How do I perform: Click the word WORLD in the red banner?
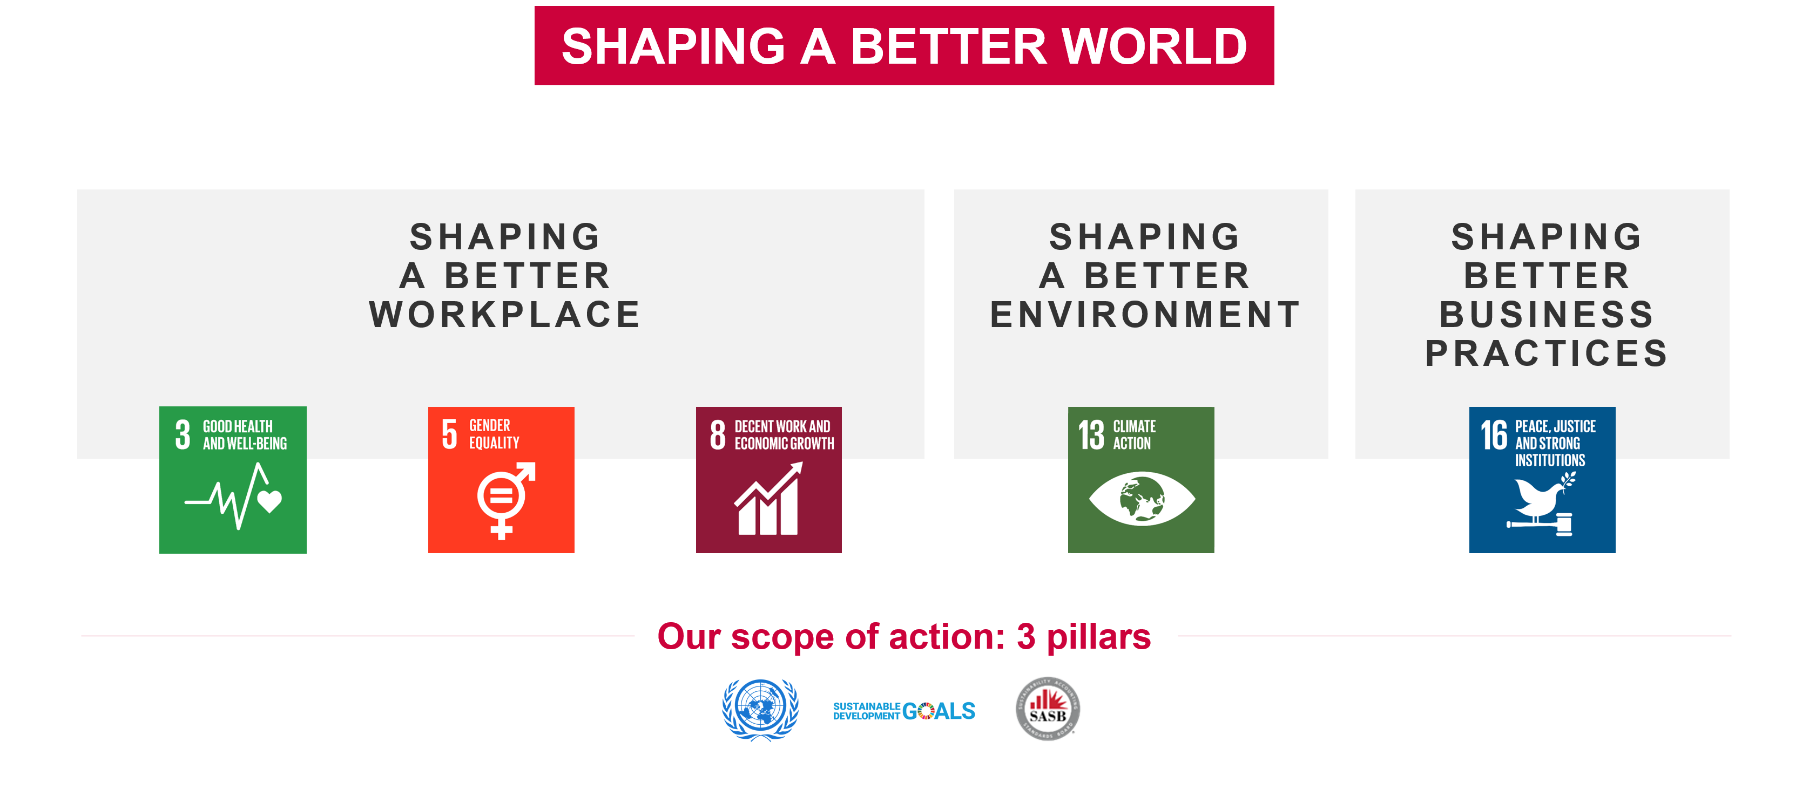1154,46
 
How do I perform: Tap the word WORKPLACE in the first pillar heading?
505,315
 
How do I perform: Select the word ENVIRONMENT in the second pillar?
1145,315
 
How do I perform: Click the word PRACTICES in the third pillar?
1547,353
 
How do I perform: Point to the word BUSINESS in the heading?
1547,315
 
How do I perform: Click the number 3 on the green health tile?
183,434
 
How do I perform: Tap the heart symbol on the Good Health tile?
269,500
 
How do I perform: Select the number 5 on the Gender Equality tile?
449,434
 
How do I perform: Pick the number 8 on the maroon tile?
717,434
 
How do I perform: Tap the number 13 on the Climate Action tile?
1091,435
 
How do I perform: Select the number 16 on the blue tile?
1494,435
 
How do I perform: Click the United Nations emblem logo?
760,709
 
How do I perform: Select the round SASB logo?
1047,709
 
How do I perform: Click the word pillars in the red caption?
1098,637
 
